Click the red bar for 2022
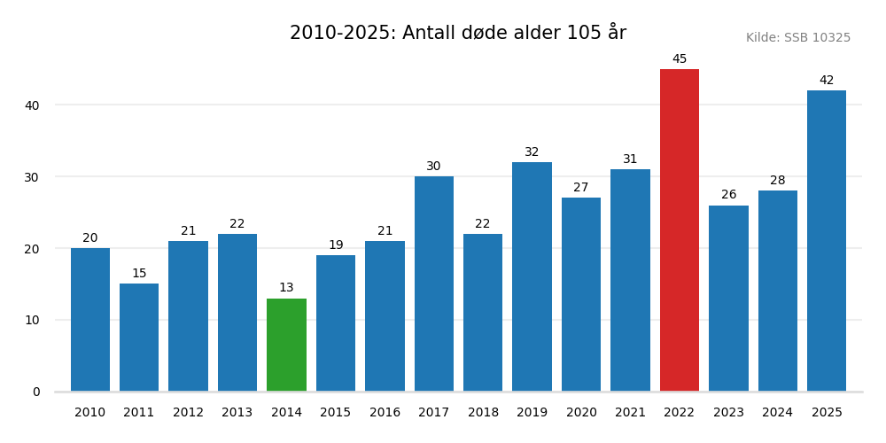680,230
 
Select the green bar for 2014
286,345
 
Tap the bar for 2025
827,241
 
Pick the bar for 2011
139,338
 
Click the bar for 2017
434,284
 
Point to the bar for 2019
532,276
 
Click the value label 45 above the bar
680,59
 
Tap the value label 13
286,288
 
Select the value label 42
827,81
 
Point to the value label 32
532,152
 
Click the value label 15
139,274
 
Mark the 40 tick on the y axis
32,105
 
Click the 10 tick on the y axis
32,320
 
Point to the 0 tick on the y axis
36,392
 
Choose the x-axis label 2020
581,413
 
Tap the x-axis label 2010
90,413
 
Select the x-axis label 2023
728,413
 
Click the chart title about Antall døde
458,33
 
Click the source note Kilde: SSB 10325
797,38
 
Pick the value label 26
728,195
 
